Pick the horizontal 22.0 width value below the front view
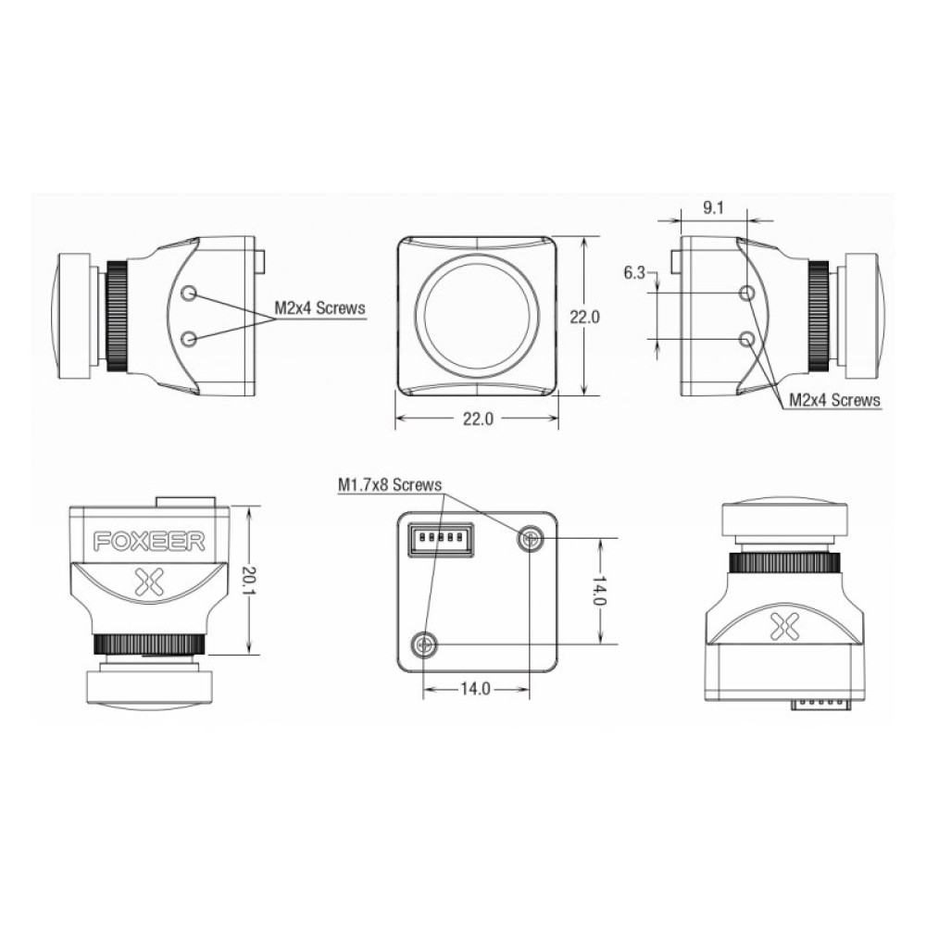click(x=477, y=419)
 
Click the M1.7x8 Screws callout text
click(x=389, y=484)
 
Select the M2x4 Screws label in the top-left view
click(x=320, y=307)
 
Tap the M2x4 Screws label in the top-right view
click(x=834, y=400)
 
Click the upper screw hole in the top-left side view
click(x=190, y=294)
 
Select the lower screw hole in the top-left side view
click(x=190, y=339)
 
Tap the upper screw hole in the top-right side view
click(x=749, y=294)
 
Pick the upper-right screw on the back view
click(x=531, y=537)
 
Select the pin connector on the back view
click(x=439, y=538)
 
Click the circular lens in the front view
click(x=477, y=315)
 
